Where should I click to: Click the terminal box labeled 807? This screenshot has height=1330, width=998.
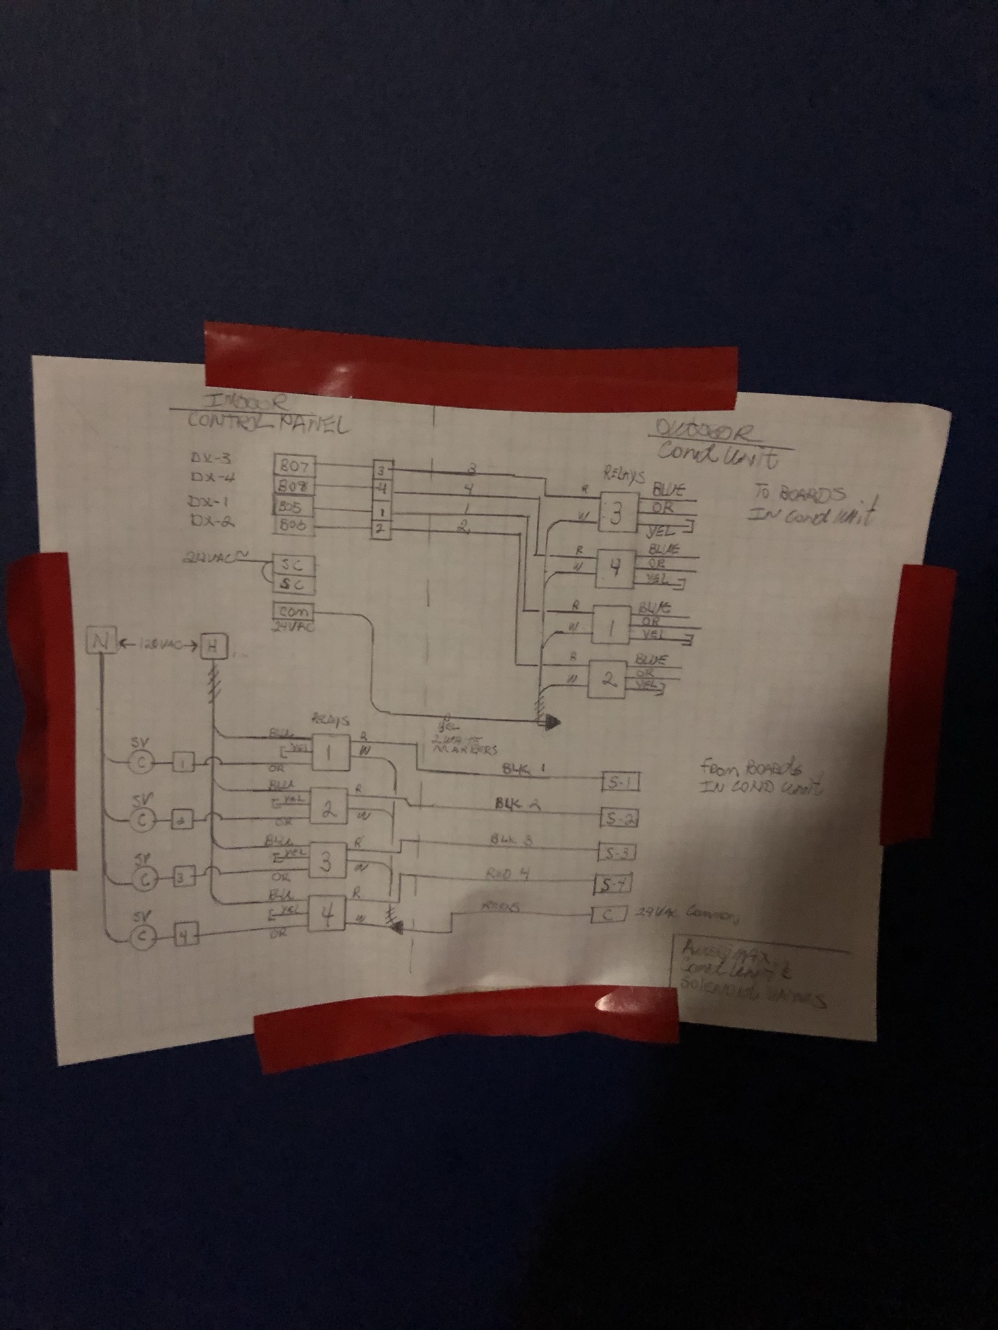(294, 466)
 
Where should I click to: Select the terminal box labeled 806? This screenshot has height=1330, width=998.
(294, 525)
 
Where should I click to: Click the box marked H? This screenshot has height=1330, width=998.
(212, 646)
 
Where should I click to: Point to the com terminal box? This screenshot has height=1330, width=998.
(294, 612)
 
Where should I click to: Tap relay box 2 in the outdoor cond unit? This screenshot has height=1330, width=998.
(608, 679)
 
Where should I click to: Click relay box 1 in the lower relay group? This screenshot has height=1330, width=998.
(331, 753)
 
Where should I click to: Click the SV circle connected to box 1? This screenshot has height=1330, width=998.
(140, 763)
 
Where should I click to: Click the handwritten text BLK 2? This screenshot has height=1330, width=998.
(518, 804)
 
